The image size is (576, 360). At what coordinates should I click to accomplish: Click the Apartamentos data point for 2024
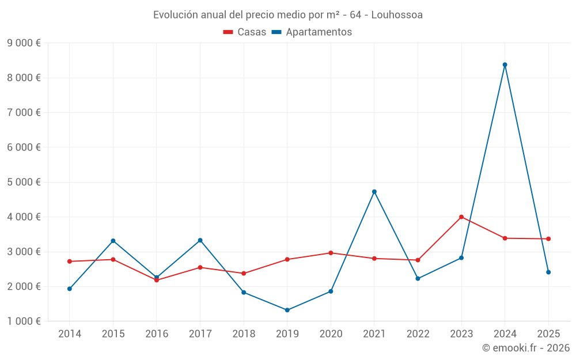505,65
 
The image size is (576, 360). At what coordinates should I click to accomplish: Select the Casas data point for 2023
461,217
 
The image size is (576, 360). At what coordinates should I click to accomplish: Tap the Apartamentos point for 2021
374,192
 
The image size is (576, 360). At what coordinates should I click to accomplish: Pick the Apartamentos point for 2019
287,310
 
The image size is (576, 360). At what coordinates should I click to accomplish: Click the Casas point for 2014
70,262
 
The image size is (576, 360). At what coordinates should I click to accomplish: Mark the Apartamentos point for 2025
548,272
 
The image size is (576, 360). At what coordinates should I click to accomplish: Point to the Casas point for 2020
331,253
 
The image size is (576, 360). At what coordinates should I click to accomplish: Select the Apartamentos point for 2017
200,240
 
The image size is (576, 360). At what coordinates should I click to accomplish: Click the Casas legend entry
245,32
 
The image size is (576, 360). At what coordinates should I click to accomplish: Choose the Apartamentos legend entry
312,32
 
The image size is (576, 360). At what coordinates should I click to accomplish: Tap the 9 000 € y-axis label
24,43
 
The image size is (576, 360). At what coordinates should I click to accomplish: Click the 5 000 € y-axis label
24,182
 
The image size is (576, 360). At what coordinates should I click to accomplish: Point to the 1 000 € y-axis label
24,321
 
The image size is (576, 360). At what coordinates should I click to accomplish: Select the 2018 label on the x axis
244,334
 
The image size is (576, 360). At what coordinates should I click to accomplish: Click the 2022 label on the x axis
418,334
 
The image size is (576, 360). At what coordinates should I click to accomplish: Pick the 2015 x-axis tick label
113,334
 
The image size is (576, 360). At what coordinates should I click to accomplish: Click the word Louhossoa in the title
397,15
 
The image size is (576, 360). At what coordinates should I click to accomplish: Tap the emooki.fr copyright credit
526,348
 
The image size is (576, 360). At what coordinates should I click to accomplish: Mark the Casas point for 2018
244,273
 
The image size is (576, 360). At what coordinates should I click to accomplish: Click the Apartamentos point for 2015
113,241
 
